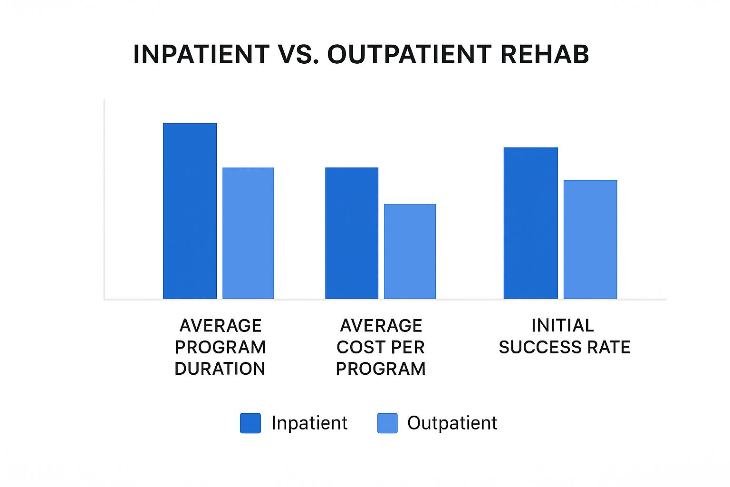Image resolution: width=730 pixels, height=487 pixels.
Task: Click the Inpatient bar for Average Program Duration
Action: [x=190, y=211]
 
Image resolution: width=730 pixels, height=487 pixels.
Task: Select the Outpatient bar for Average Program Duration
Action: [x=248, y=233]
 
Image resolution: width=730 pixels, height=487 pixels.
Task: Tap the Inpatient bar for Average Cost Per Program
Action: [x=352, y=233]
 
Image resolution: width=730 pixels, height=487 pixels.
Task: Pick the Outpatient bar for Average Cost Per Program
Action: [x=410, y=251]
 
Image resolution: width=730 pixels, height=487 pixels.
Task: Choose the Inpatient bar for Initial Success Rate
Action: [x=530, y=223]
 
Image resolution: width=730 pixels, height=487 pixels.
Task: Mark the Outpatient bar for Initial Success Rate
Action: [x=590, y=239]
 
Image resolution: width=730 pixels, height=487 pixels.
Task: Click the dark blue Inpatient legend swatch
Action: [x=250, y=423]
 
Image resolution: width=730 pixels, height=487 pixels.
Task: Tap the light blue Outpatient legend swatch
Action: [x=387, y=423]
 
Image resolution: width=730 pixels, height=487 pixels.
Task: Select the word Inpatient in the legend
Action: [x=309, y=423]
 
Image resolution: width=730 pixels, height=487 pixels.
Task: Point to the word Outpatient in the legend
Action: [x=452, y=423]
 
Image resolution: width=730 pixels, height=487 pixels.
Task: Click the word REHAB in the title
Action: [x=545, y=54]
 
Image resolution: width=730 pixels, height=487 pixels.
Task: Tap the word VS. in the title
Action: [x=298, y=54]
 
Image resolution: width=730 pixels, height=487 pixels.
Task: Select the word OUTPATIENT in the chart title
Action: [x=409, y=54]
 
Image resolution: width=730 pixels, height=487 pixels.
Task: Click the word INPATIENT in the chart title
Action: [x=202, y=54]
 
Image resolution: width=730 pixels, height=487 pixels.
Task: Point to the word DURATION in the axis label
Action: [x=220, y=369]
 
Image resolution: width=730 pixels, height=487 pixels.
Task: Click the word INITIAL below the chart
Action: [x=563, y=326]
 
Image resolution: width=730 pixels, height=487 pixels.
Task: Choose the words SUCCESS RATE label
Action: [x=564, y=347]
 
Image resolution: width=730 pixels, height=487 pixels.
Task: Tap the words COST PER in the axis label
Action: [x=380, y=347]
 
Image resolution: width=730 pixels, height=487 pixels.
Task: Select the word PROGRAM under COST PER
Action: [x=380, y=369]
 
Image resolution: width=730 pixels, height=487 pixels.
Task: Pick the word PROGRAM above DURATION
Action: [x=220, y=347]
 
